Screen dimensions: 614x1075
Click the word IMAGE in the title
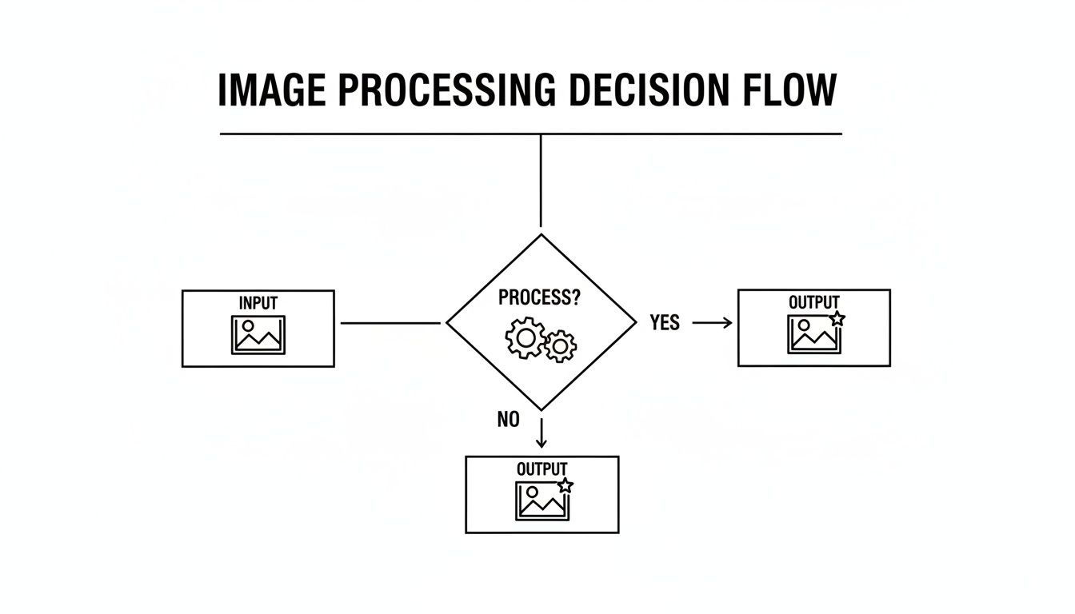271,90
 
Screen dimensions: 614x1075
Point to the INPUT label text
258,304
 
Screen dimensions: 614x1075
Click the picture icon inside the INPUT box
258,334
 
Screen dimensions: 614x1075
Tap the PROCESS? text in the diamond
539,298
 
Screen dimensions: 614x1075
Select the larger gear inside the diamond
526,338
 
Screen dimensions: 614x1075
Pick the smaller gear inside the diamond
561,345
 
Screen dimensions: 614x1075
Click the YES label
665,323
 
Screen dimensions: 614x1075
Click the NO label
509,420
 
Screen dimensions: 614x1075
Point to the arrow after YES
712,323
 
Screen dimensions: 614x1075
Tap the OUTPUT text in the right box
813,303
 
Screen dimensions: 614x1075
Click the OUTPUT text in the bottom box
541,469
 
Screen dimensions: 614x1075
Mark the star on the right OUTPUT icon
837,318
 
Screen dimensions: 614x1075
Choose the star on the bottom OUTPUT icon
565,484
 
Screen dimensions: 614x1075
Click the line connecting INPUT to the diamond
390,323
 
